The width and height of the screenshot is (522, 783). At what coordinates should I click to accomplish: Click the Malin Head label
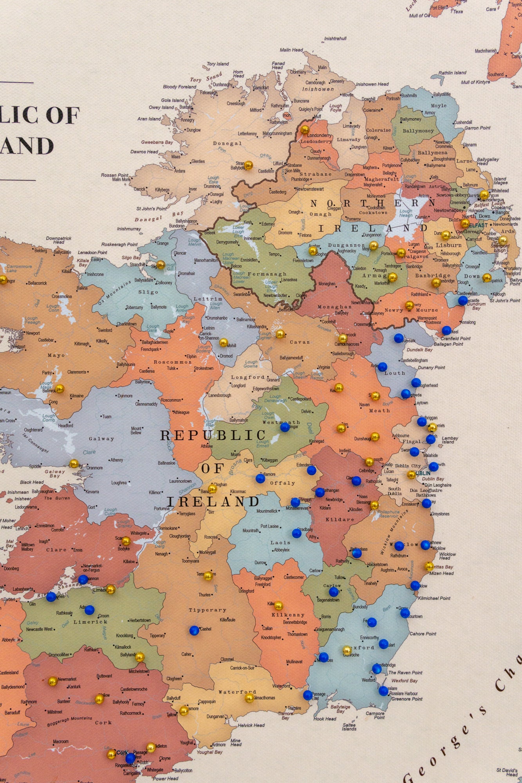click(291, 50)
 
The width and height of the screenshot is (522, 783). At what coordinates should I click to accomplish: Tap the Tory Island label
click(218, 63)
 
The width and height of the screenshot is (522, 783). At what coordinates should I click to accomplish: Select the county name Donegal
click(227, 143)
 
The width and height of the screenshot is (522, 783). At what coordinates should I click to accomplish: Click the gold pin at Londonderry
click(305, 130)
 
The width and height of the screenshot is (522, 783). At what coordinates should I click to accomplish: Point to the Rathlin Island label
click(452, 73)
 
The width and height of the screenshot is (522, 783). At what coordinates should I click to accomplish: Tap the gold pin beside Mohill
click(223, 343)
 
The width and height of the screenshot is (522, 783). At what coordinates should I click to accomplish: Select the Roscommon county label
click(172, 362)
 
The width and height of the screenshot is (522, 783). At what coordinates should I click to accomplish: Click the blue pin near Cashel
click(194, 630)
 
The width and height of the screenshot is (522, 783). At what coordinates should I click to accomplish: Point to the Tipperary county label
click(207, 610)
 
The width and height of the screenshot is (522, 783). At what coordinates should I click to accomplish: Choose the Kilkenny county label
click(288, 615)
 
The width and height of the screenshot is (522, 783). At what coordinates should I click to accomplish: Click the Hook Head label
click(325, 719)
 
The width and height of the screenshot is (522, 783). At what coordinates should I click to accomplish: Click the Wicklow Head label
click(447, 556)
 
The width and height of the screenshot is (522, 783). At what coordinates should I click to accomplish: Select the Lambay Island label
click(450, 440)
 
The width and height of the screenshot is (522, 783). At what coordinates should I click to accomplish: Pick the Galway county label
click(101, 439)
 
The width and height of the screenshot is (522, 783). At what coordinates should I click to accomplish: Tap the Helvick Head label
click(251, 725)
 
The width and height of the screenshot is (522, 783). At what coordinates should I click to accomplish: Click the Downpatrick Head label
click(59, 240)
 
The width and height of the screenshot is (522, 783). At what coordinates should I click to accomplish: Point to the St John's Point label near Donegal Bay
click(152, 209)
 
